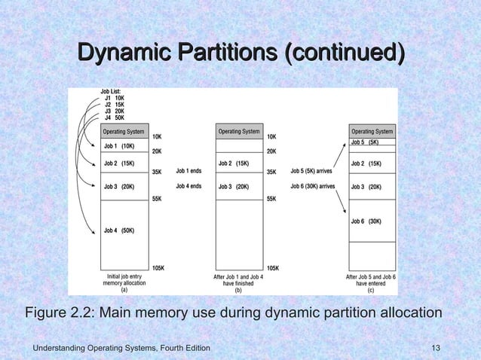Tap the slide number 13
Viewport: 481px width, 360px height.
tap(434, 347)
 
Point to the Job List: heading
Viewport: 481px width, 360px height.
tap(111, 91)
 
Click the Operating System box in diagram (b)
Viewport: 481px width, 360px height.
tap(239, 132)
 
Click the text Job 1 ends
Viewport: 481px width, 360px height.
tap(188, 171)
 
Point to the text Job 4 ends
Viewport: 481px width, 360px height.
tap(188, 186)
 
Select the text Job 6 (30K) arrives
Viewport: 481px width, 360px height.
tap(313, 186)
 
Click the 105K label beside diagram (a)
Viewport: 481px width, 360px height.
tap(158, 268)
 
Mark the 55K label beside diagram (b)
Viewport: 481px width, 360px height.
tap(272, 200)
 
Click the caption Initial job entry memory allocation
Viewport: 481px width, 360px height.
tap(124, 279)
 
